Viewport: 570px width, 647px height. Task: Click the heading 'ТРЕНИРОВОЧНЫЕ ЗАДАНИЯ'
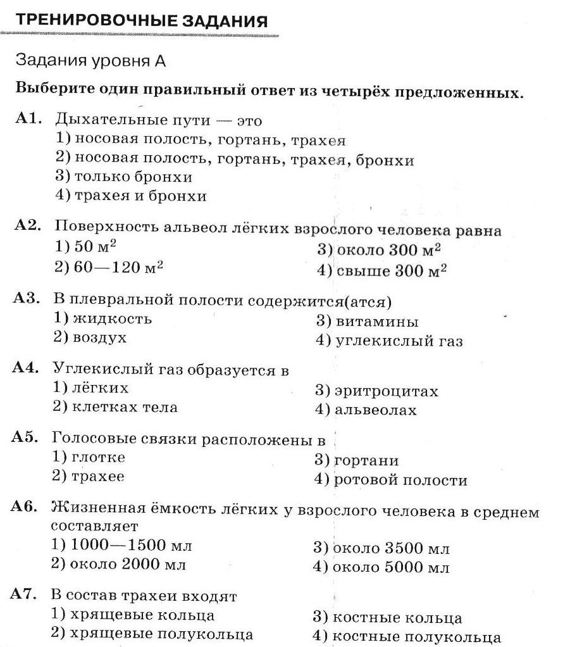[x=141, y=20]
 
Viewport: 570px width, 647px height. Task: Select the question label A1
[x=29, y=118]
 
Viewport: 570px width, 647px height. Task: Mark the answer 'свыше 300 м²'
[x=382, y=271]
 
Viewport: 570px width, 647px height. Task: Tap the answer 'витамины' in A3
[x=367, y=322]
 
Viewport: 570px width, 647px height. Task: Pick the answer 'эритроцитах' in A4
[x=376, y=391]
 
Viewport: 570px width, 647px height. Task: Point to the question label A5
[x=27, y=438]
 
